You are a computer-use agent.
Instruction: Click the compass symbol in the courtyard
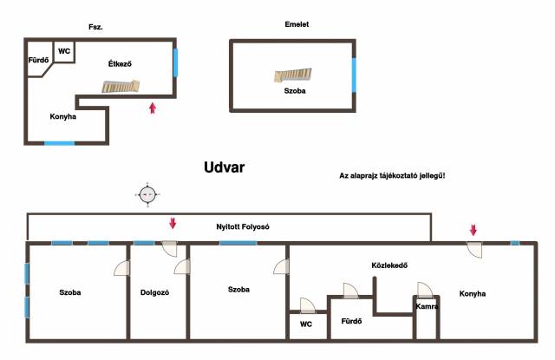147,194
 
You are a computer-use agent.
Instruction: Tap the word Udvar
224,167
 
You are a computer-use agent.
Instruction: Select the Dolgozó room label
154,292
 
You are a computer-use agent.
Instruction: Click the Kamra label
427,306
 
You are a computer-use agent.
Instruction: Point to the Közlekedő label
389,265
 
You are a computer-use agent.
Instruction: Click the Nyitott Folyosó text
243,226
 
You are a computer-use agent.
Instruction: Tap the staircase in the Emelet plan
293,75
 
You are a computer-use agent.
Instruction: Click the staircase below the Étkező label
121,87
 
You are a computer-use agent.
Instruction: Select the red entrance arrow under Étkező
153,108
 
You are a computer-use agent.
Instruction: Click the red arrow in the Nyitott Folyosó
173,223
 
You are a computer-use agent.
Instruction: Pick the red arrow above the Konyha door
473,230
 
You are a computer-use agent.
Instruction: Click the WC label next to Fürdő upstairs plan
64,51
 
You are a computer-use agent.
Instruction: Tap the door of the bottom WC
308,306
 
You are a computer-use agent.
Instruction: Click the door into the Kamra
425,290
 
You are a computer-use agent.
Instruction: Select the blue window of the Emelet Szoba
354,75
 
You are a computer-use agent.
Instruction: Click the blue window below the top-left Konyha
60,143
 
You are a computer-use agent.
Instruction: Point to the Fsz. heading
95,27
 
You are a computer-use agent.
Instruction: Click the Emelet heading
297,24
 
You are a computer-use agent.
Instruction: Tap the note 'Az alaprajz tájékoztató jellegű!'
392,175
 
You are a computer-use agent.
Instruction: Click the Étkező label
120,63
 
